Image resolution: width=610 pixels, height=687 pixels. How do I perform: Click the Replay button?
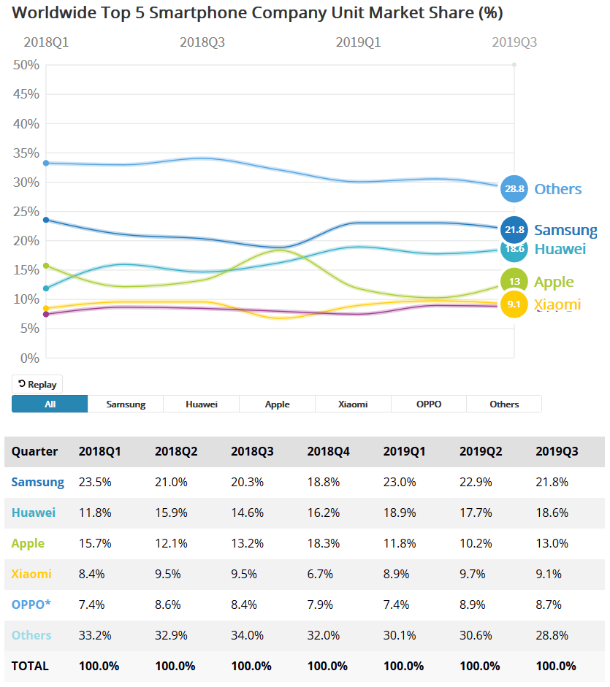[37, 384]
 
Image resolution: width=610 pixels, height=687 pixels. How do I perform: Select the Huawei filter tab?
[202, 404]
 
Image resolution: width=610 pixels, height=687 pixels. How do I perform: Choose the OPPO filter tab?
[429, 404]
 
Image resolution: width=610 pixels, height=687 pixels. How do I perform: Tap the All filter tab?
[50, 404]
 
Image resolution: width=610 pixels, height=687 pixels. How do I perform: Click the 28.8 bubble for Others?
[514, 188]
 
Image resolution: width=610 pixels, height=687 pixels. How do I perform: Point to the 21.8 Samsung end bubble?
[514, 229]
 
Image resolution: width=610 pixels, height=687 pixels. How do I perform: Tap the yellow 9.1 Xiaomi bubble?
[514, 304]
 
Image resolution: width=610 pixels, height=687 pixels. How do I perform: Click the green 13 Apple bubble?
[514, 281]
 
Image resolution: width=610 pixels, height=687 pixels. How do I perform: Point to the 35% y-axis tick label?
[26, 153]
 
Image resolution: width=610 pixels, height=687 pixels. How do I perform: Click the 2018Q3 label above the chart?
[202, 42]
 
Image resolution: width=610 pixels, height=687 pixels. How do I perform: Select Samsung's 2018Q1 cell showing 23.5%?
[94, 482]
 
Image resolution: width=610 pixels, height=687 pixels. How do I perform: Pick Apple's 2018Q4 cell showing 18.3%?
[323, 543]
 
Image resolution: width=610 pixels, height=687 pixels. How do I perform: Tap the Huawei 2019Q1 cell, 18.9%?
[400, 513]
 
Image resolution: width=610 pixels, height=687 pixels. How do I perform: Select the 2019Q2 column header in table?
[481, 451]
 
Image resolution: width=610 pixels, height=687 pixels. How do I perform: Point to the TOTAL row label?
[30, 666]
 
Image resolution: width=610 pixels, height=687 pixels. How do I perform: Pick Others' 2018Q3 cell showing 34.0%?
[247, 635]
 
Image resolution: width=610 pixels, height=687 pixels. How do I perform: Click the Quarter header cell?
[34, 451]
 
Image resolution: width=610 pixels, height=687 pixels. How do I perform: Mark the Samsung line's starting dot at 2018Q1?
[46, 220]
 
